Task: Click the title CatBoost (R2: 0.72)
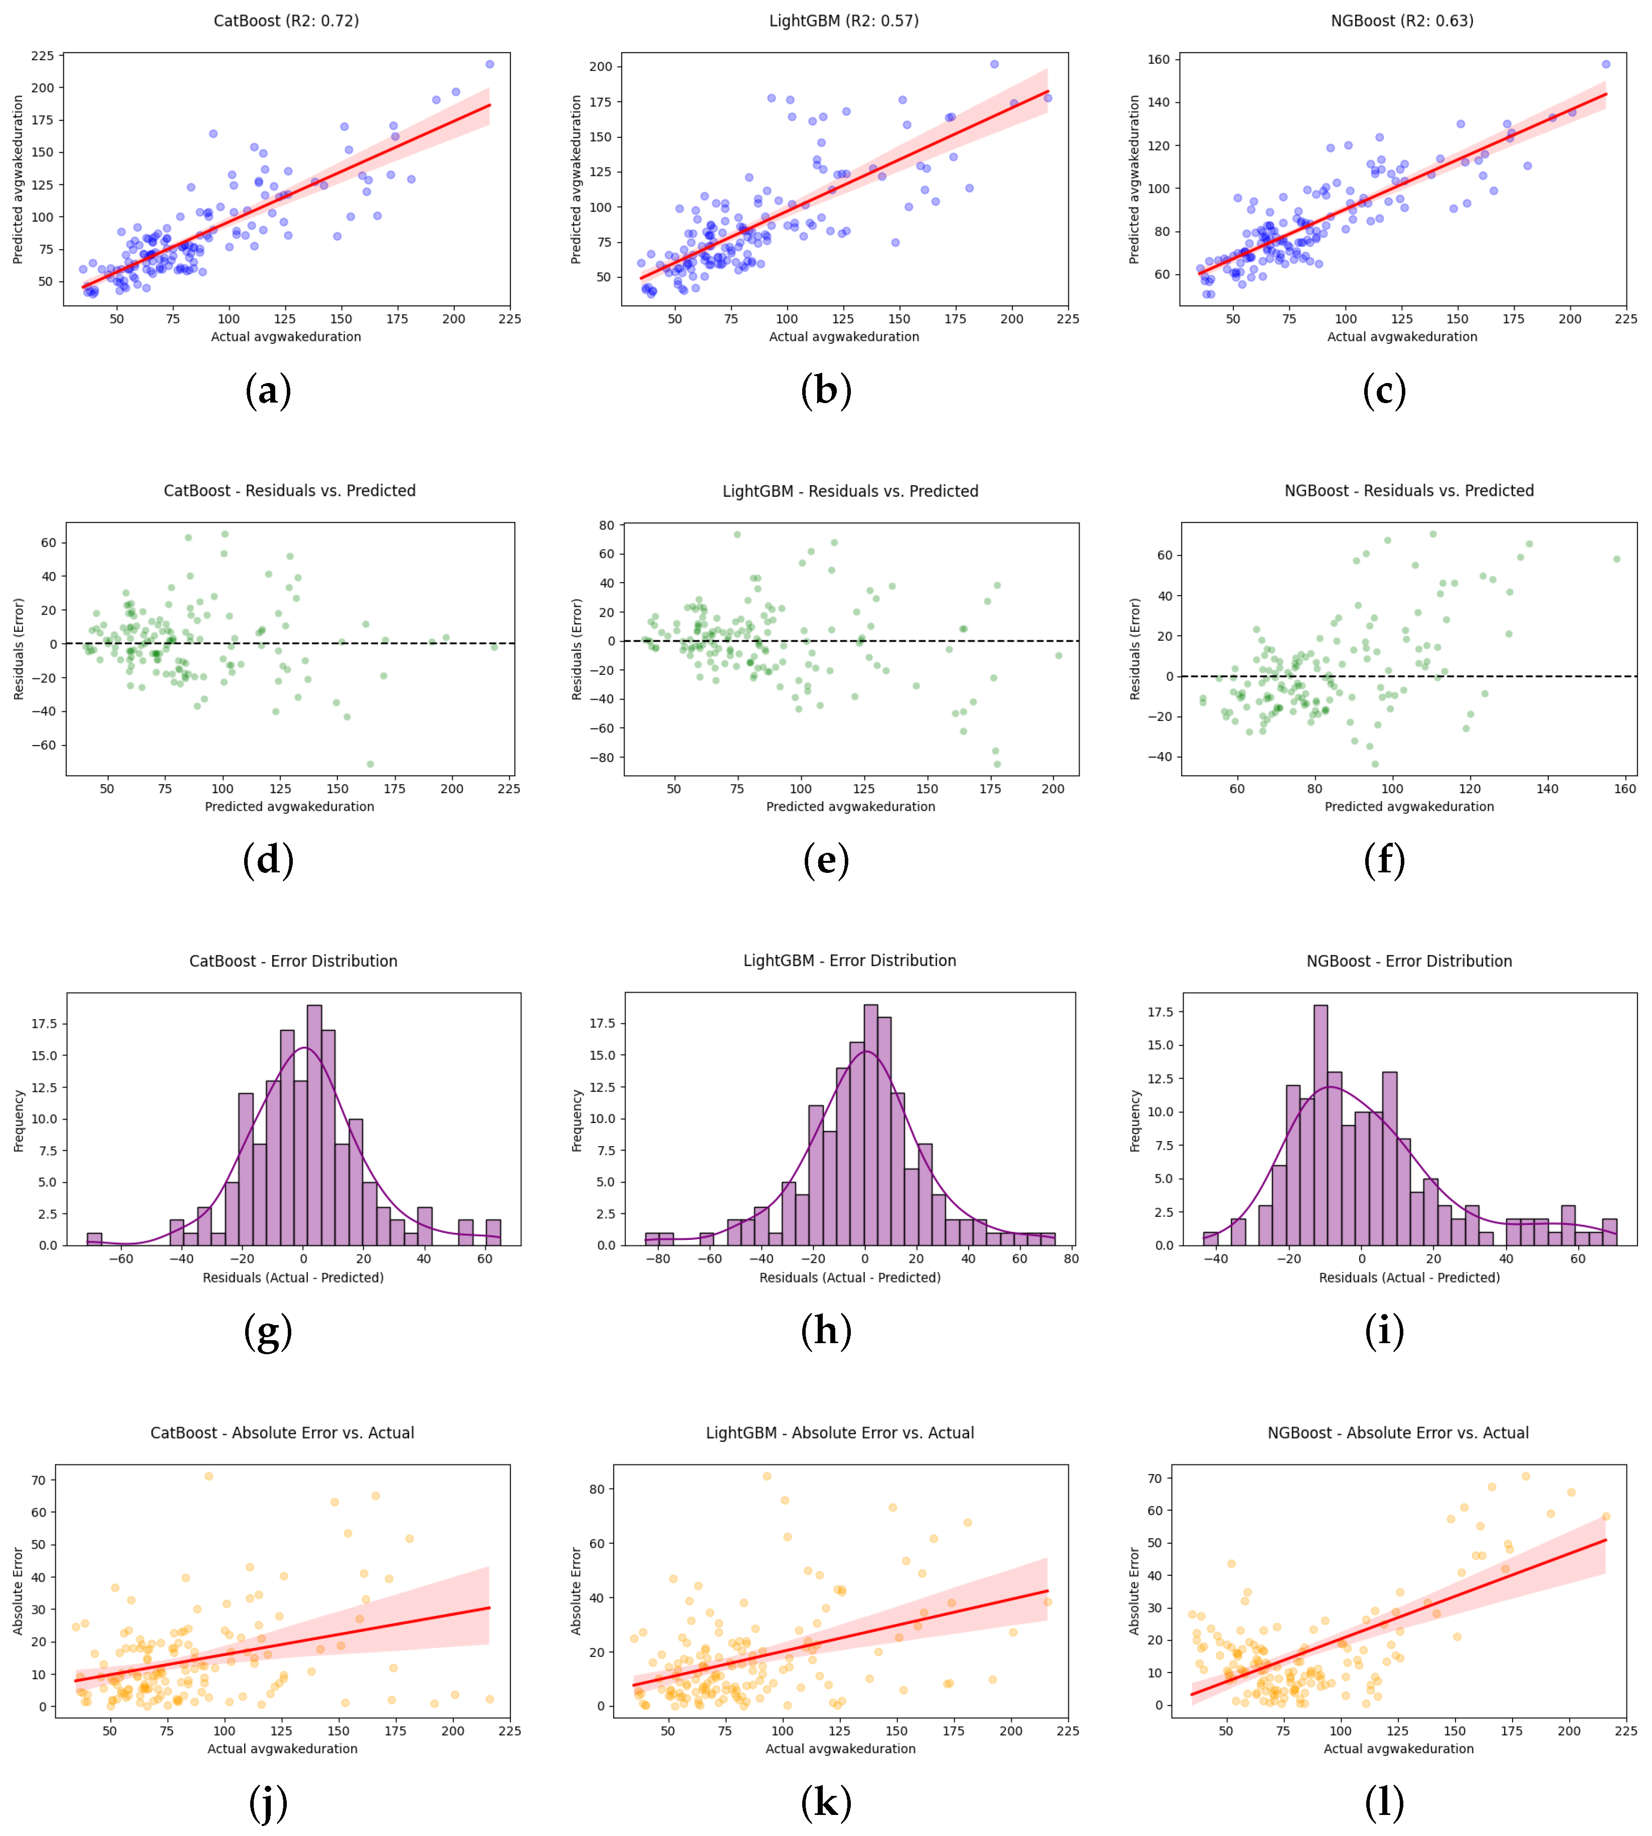click(x=286, y=21)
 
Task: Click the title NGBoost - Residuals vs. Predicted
click(x=1409, y=491)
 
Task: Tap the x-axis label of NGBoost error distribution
click(x=1409, y=1278)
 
